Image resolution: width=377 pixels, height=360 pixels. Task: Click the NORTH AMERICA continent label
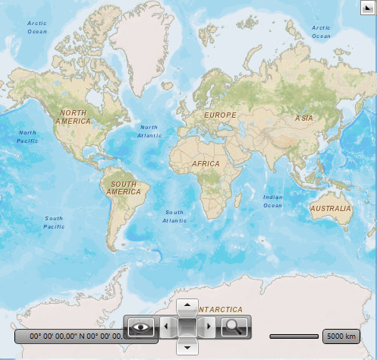pos(73,117)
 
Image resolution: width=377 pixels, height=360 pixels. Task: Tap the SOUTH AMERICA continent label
pos(125,188)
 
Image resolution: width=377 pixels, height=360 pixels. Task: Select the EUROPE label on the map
pos(220,115)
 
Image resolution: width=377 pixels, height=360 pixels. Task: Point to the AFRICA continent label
pos(206,164)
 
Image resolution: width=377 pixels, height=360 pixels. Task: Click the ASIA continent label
pos(304,118)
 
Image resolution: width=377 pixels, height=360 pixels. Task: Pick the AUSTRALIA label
pos(331,208)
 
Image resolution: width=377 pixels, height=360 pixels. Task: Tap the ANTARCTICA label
pos(221,310)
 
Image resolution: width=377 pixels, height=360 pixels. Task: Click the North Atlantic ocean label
pos(149,131)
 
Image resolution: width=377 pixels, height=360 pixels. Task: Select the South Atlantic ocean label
pos(174,216)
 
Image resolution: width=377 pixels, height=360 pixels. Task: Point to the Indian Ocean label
pos(273,201)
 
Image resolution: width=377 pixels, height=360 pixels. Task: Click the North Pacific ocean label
pos(28,137)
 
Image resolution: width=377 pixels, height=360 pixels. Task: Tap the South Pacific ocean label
pos(54,223)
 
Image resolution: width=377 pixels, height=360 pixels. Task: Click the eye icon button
pos(140,327)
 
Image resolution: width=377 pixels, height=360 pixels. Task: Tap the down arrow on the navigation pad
pos(187,348)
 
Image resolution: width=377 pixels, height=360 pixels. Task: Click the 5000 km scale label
pos(341,336)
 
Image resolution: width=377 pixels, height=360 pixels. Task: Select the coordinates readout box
pos(72,336)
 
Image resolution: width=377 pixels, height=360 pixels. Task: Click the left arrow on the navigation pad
pos(166,327)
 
